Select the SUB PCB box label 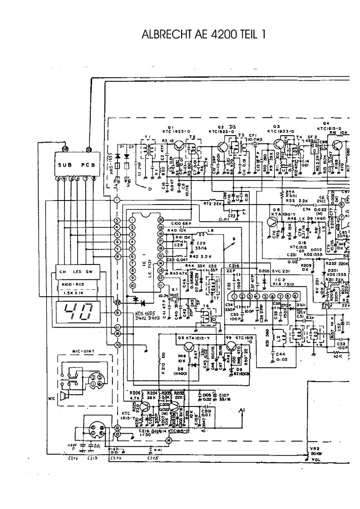coord(76,165)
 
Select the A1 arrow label coord(242,411)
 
